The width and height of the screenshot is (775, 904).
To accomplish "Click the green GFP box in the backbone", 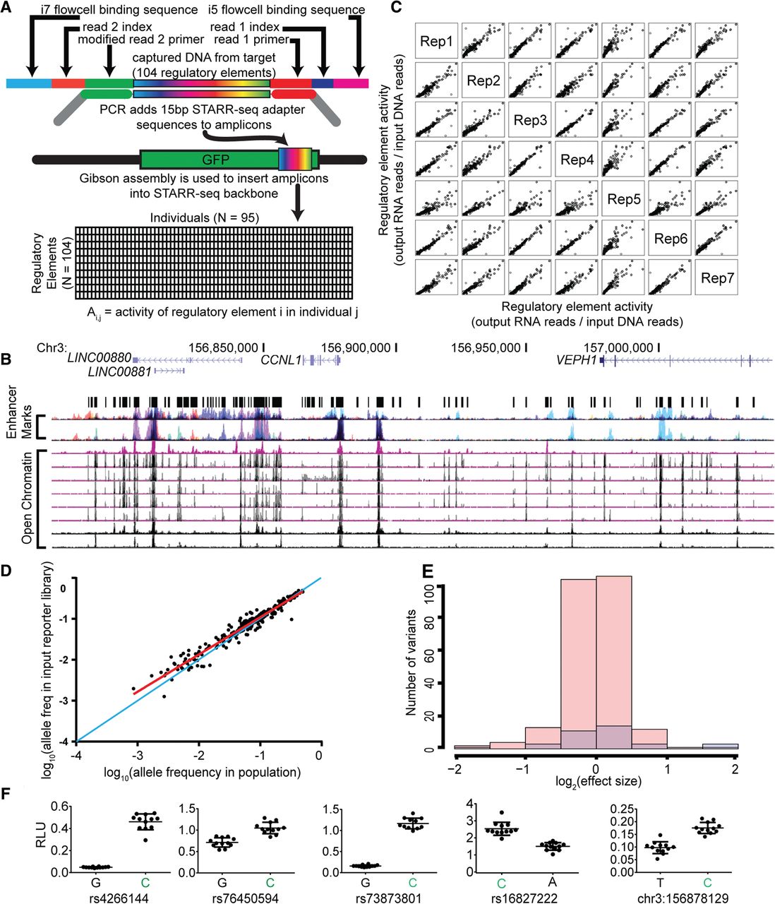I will [x=209, y=160].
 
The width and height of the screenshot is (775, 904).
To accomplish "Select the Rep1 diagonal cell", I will [x=436, y=42].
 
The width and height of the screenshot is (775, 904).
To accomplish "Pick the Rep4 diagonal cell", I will [x=577, y=160].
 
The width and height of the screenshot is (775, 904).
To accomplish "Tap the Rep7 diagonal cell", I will [x=717, y=278].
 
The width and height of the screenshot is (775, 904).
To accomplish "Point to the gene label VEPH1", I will [x=576, y=360].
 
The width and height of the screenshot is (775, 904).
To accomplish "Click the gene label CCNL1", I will [x=281, y=360].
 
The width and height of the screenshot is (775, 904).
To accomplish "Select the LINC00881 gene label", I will [x=119, y=371].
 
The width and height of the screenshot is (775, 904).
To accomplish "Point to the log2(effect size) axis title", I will [x=596, y=781].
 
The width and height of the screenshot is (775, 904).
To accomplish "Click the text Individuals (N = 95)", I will [x=205, y=218].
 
